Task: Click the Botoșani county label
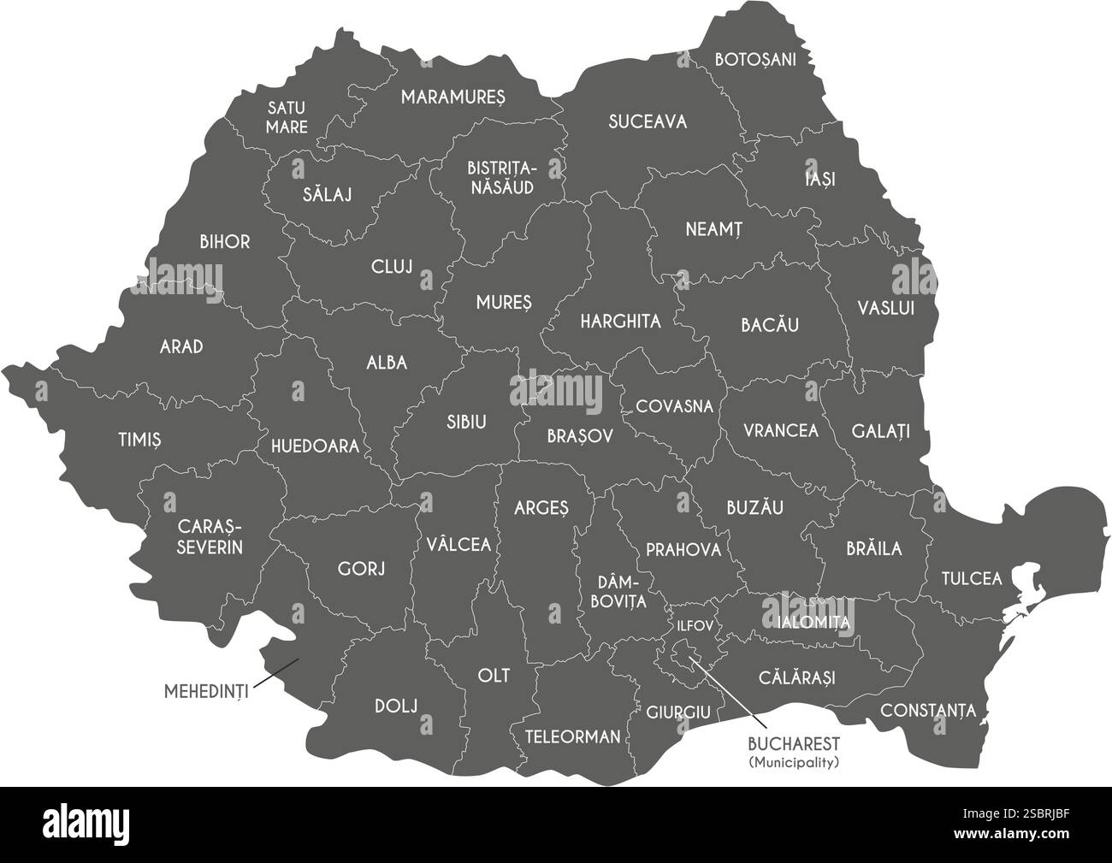[755, 60]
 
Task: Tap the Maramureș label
[453, 97]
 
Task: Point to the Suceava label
[648, 121]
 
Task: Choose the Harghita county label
[620, 322]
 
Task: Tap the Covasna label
[674, 406]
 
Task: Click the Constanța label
[928, 710]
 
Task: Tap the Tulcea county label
[971, 579]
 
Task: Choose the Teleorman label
[572, 736]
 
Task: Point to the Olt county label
[494, 676]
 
